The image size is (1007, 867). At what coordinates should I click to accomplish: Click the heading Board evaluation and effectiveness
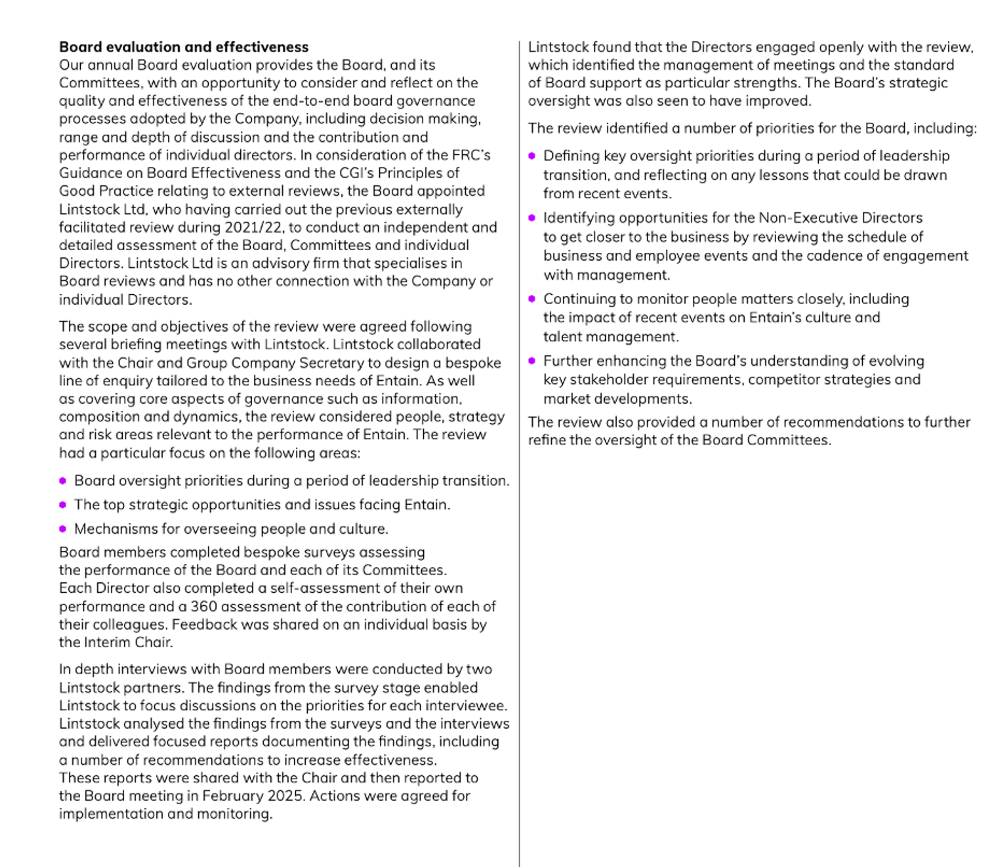184,47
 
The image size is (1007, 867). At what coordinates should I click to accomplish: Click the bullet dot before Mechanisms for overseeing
63,529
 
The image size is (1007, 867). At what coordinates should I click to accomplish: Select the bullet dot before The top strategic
63,505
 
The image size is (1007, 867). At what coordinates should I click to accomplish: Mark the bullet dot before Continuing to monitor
532,298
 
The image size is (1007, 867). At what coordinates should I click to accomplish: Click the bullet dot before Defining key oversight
532,156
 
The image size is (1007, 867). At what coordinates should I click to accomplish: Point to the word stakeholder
603,379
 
